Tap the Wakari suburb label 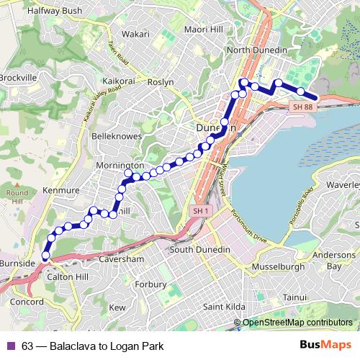pos(136,33)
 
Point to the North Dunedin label pos(257,50)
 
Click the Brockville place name pos(17,77)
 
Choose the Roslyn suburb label pos(161,82)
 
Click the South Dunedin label pos(199,250)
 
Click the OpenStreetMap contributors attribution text pos(297,323)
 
